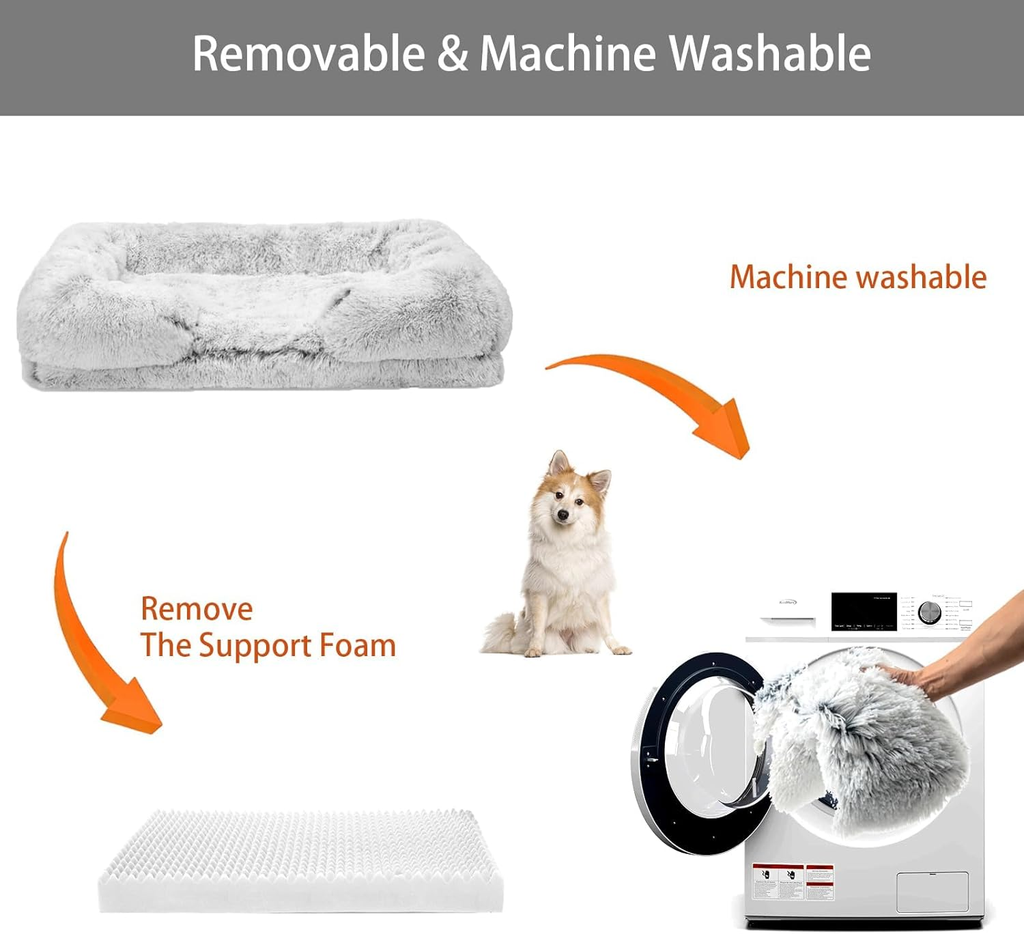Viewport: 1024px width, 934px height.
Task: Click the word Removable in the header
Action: pos(309,53)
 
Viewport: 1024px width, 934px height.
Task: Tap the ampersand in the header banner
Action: pos(453,53)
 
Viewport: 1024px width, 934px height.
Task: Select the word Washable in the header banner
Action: pos(769,53)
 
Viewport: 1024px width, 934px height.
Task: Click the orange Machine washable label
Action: pos(858,277)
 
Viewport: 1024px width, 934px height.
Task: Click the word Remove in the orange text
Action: pos(197,608)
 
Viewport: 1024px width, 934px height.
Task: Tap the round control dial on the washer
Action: pos(929,612)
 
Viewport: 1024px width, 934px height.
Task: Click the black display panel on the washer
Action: pos(863,611)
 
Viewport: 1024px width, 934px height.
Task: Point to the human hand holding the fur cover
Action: pos(956,655)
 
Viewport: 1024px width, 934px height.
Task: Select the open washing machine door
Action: pos(696,751)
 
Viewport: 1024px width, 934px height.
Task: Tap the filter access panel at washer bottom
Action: pos(932,892)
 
